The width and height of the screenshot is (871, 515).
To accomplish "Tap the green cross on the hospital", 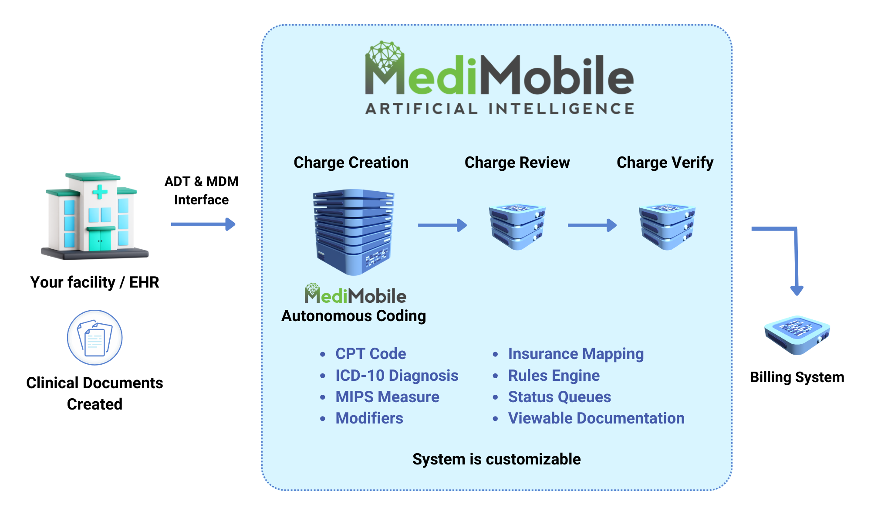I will pyautogui.click(x=100, y=191).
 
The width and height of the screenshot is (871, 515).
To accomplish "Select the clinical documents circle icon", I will pyautogui.click(x=95, y=338).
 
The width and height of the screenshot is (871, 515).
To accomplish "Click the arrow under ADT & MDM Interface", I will pyautogui.click(x=203, y=224).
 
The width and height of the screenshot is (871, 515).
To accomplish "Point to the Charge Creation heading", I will pyautogui.click(x=351, y=163).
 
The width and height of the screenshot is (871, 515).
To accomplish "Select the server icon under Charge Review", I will pyautogui.click(x=517, y=227).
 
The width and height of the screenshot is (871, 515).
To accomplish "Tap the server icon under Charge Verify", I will pyautogui.click(x=667, y=227).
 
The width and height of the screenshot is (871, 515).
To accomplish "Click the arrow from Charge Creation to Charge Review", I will pyautogui.click(x=442, y=225).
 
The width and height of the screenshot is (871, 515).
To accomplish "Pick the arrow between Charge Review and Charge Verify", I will pyautogui.click(x=592, y=225).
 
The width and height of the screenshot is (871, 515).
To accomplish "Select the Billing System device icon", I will pyautogui.click(x=797, y=335).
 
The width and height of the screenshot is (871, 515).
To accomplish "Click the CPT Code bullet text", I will pyautogui.click(x=371, y=354).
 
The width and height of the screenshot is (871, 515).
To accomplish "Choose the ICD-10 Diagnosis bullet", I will pyautogui.click(x=397, y=376).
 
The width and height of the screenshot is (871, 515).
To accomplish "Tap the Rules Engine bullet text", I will pyautogui.click(x=554, y=376).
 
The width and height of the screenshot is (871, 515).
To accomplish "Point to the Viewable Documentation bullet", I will pyautogui.click(x=596, y=418).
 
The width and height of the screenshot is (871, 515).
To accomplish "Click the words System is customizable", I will pyautogui.click(x=496, y=459).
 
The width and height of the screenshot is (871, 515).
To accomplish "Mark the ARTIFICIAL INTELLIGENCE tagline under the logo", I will pyautogui.click(x=500, y=108).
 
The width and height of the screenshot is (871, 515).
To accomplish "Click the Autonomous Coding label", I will pyautogui.click(x=354, y=316).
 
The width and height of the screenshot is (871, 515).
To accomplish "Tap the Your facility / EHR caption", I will pyautogui.click(x=95, y=282).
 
